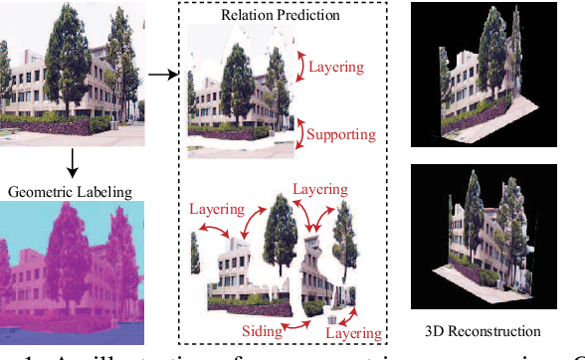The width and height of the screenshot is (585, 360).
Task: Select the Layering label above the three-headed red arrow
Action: tap(318, 190)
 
